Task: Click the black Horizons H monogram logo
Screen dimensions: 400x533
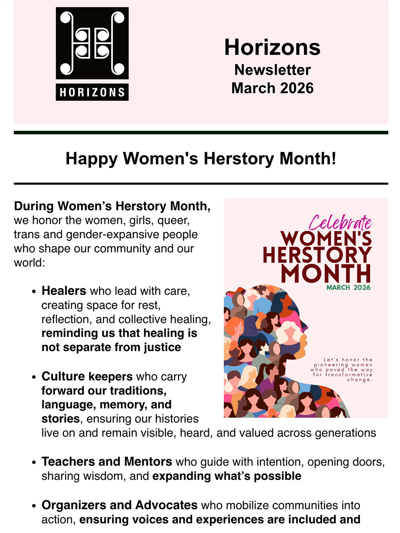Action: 92,43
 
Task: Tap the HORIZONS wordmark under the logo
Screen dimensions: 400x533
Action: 92,92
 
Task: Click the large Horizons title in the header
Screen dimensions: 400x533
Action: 272,47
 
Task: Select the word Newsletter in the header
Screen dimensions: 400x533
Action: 272,70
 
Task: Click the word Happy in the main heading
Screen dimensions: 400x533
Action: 92,159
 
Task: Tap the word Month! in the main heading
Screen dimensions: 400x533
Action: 308,158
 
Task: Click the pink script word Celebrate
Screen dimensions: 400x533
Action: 340,222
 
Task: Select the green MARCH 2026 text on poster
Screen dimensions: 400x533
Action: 348,287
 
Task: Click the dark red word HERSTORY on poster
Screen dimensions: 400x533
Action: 317,255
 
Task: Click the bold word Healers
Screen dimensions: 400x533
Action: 64,291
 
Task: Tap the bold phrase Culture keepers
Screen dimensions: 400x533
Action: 87,376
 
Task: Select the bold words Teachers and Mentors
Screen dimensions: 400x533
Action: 107,462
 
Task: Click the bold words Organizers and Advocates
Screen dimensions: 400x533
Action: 119,505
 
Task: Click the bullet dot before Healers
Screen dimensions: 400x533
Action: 34,291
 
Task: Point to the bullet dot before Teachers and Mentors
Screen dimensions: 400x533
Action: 34,462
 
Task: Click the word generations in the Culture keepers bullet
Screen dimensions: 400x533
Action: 345,433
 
